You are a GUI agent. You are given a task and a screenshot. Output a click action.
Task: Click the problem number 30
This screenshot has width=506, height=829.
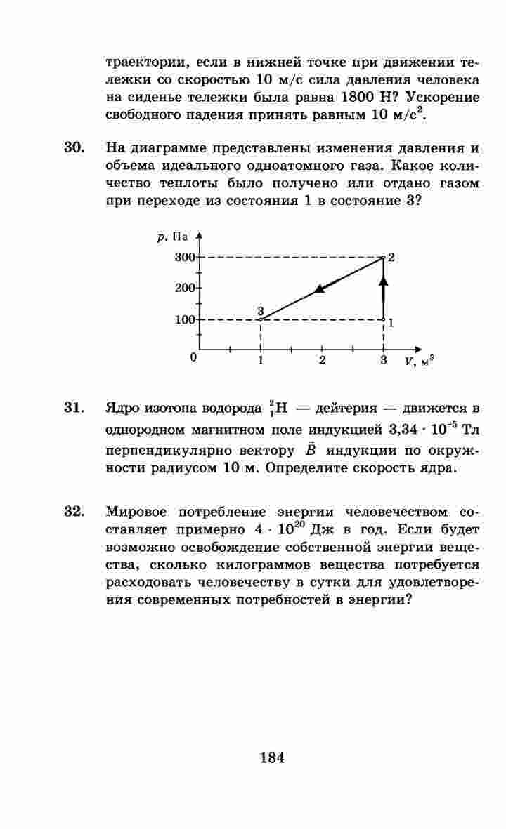(x=74, y=149)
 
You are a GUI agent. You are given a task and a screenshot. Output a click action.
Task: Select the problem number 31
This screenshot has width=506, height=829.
(x=74, y=408)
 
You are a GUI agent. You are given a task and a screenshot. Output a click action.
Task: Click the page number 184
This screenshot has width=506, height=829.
(x=271, y=757)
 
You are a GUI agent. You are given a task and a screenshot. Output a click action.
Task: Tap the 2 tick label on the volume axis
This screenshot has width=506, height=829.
(x=322, y=361)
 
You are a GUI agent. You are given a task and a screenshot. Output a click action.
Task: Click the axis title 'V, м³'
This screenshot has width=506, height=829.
(x=419, y=362)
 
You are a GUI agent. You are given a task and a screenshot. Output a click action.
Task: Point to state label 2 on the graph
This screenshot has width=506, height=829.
(x=391, y=258)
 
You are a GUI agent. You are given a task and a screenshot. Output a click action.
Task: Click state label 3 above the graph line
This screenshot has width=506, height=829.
(x=260, y=310)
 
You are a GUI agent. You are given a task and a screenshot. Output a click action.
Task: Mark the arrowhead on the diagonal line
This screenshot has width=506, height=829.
(x=320, y=287)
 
